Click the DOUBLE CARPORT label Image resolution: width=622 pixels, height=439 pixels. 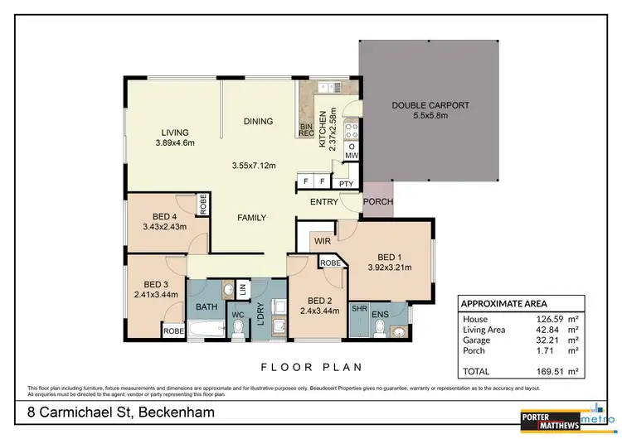[430, 105]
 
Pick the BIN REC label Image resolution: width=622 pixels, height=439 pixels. [306, 130]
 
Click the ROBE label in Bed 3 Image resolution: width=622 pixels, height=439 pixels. [173, 330]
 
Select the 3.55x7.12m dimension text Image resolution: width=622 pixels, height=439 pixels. [253, 166]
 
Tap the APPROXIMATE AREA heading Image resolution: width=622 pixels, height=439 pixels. [503, 303]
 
